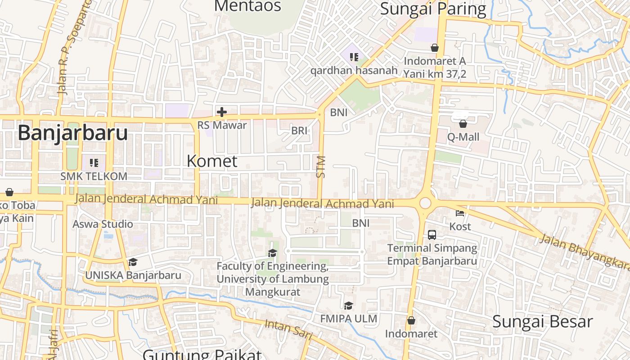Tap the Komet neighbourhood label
212,161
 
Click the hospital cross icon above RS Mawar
221,112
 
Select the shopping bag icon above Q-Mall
463,124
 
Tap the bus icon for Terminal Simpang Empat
432,234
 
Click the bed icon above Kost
459,213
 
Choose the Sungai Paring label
433,9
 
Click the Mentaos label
247,6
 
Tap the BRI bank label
299,130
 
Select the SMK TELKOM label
94,176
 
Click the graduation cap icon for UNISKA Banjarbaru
133,262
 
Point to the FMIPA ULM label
349,319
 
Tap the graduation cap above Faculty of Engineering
272,253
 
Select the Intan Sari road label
288,329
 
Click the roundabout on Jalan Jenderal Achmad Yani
425,203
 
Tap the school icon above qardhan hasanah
354,57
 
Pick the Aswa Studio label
103,224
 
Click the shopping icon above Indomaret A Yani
435,48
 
